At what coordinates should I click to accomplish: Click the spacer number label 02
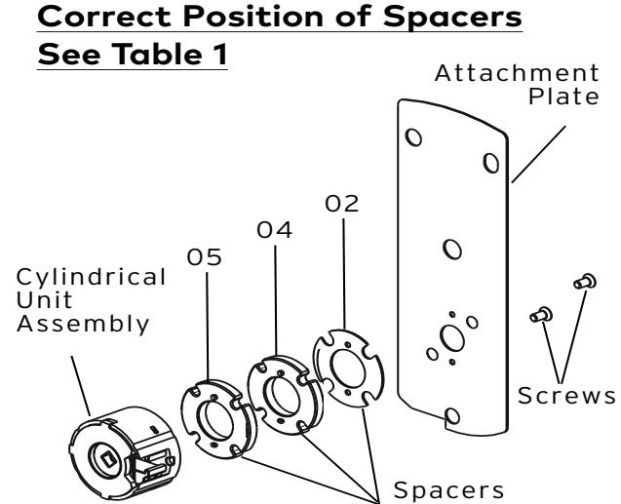[x=342, y=204]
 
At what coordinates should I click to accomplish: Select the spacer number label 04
[x=275, y=230]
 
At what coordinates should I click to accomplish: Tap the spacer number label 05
[x=205, y=257]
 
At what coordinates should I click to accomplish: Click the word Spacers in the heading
[x=452, y=17]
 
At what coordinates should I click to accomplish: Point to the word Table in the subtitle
[x=158, y=55]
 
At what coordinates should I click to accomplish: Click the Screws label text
[x=566, y=396]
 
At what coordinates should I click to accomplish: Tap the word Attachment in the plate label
[x=517, y=73]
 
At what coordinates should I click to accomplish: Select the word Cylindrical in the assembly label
[x=91, y=278]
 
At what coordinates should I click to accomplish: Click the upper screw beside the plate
[x=585, y=282]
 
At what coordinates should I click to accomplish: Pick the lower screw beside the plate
[x=541, y=315]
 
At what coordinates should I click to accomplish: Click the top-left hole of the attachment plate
[x=413, y=137]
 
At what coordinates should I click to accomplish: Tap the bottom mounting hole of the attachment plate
[x=452, y=415]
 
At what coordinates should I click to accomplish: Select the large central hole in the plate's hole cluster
[x=452, y=338]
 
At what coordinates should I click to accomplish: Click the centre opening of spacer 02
[x=348, y=369]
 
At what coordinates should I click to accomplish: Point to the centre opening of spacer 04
[x=282, y=396]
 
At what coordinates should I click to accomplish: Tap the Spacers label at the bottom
[x=448, y=490]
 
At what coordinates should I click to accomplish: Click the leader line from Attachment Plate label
[x=538, y=154]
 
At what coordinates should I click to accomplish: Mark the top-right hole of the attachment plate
[x=491, y=163]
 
